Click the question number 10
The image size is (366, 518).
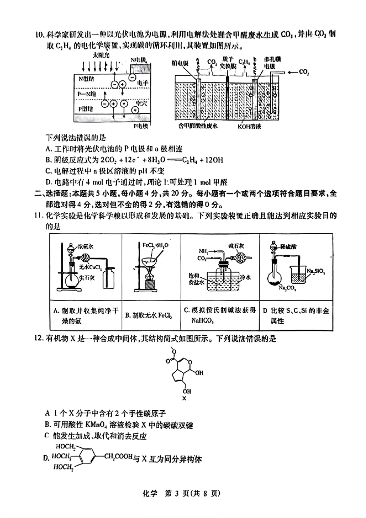[38, 34]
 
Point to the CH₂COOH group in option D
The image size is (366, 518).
[118, 456]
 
